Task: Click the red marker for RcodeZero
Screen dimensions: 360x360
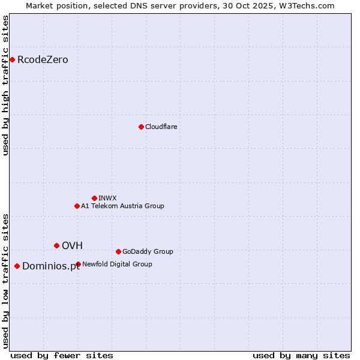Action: pos(12,59)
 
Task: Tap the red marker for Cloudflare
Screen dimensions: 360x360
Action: pos(141,127)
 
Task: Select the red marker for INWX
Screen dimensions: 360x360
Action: pos(94,198)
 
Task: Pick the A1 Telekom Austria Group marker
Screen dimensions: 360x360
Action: pos(77,206)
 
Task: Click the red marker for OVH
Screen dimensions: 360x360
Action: pos(56,245)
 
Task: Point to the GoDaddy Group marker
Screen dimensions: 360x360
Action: pos(118,251)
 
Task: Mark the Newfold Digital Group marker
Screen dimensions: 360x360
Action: pos(78,264)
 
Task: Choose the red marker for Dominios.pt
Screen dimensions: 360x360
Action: pos(17,266)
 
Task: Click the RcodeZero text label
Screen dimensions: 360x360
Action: pos(43,60)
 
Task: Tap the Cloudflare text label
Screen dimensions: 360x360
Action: pos(161,127)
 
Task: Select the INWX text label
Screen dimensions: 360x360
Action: pos(107,198)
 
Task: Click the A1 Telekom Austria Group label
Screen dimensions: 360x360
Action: pos(122,206)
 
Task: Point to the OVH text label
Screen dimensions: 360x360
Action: pos(72,245)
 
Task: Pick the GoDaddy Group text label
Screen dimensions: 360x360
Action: pos(148,251)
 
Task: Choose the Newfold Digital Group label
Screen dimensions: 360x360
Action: pos(117,264)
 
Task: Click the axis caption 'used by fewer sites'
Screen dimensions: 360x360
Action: pos(62,355)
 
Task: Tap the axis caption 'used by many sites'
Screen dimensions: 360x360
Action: pos(301,355)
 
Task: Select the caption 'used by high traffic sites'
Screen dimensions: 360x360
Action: pos(6,85)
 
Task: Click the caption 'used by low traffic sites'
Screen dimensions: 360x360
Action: pos(6,280)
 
